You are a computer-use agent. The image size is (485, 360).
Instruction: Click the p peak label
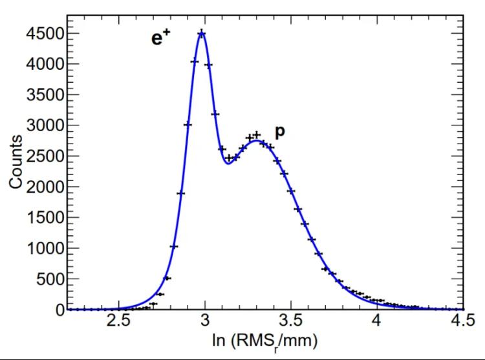point(280,131)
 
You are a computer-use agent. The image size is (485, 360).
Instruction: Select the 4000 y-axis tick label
point(45,64)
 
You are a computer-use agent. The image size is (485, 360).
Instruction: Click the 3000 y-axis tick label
point(45,125)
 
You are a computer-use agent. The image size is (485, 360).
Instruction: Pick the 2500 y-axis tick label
point(45,156)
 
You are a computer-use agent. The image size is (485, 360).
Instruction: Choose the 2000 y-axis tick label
point(45,187)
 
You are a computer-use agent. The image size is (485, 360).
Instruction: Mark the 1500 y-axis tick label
point(45,218)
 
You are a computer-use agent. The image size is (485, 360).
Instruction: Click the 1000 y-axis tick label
point(45,248)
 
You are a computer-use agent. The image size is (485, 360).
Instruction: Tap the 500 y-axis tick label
point(50,279)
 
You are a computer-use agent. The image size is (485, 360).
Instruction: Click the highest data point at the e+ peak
point(202,34)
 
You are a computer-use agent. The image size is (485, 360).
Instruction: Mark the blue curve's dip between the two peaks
point(228,164)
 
